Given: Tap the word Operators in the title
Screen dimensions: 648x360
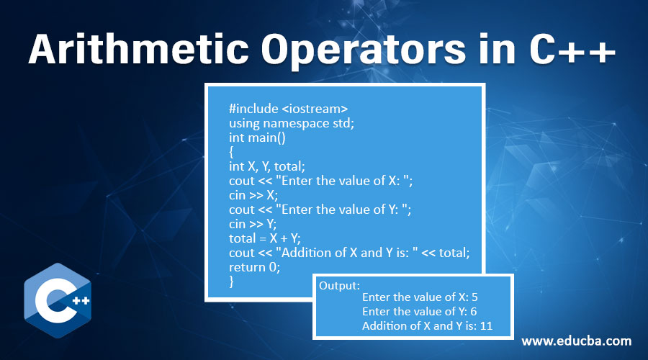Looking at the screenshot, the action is coord(364,51).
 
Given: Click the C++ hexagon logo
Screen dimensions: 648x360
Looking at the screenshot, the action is coord(58,300).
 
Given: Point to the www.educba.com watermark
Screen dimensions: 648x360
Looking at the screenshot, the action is coord(577,341).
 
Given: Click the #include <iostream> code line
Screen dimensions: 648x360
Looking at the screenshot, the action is coord(289,109).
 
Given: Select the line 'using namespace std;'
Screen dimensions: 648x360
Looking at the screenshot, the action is coord(292,123).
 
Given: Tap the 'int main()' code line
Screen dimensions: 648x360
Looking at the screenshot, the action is coord(257,138).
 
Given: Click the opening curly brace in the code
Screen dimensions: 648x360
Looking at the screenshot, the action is coord(231,152).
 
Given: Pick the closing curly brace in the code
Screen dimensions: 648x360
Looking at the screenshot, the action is coord(231,282).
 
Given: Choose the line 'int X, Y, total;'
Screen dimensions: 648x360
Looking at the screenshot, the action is coord(267,166).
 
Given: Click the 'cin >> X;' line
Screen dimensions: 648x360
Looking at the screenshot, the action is coord(253,195).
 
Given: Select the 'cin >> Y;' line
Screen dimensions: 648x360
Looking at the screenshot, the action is coord(253,224).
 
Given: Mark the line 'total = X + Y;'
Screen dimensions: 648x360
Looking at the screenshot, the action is coord(265,238).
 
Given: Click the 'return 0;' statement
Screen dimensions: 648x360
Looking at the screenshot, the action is coord(255,267).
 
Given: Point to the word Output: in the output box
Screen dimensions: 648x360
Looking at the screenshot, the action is coord(339,286).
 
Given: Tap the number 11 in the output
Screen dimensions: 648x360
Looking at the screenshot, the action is coord(486,326).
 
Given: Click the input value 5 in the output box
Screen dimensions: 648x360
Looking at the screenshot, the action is coord(474,297).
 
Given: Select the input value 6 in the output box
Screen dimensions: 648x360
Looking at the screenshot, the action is coord(474,312).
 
